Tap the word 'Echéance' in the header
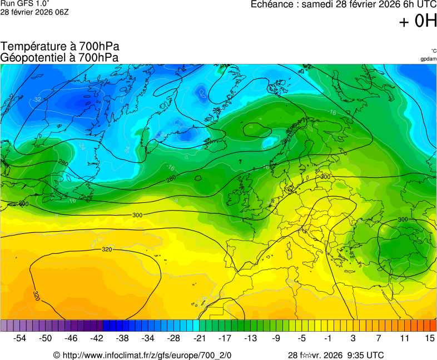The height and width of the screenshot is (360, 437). pos(272,4)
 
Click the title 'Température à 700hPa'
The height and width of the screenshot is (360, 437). pos(60,47)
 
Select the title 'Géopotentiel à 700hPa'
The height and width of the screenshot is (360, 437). pos(59,57)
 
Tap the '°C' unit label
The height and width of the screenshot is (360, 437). pos(433,51)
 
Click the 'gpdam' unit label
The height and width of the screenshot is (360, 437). pos(428,58)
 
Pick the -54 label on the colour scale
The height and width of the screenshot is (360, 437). pos(20,338)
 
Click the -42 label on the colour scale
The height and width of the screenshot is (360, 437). pos(97,338)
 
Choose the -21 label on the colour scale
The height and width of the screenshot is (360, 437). pos(199,338)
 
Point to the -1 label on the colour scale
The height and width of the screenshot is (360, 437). pos(327,338)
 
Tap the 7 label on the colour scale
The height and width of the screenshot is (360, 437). pos(379,338)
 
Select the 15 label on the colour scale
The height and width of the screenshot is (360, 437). pos(429,338)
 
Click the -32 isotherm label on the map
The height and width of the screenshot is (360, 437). pos(37,99)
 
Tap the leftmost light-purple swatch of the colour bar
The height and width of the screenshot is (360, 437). pos(4,326)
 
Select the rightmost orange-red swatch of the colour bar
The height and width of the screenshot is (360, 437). pos(433,326)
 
